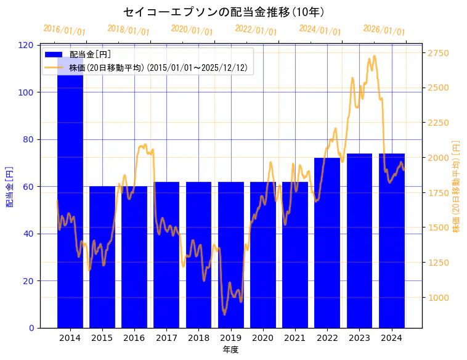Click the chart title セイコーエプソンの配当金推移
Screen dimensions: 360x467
pyautogui.click(x=224, y=12)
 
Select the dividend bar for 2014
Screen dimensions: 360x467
pyautogui.click(x=70, y=203)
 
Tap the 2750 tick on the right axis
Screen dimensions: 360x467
pyautogui.click(x=439, y=54)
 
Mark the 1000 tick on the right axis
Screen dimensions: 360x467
pyautogui.click(x=439, y=298)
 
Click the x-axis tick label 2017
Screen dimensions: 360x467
pyautogui.click(x=166, y=338)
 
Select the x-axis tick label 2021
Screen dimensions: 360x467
pyautogui.click(x=295, y=338)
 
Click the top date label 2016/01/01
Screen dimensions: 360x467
pyautogui.click(x=64, y=30)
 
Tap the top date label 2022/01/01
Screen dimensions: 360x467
pyautogui.click(x=256, y=30)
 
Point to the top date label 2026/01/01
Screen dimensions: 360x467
pyautogui.click(x=384, y=30)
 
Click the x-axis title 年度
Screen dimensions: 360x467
pyautogui.click(x=230, y=350)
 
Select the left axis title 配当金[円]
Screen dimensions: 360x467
pyautogui.click(x=9, y=186)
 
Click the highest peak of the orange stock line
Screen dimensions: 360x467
pyautogui.click(x=374, y=56)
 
